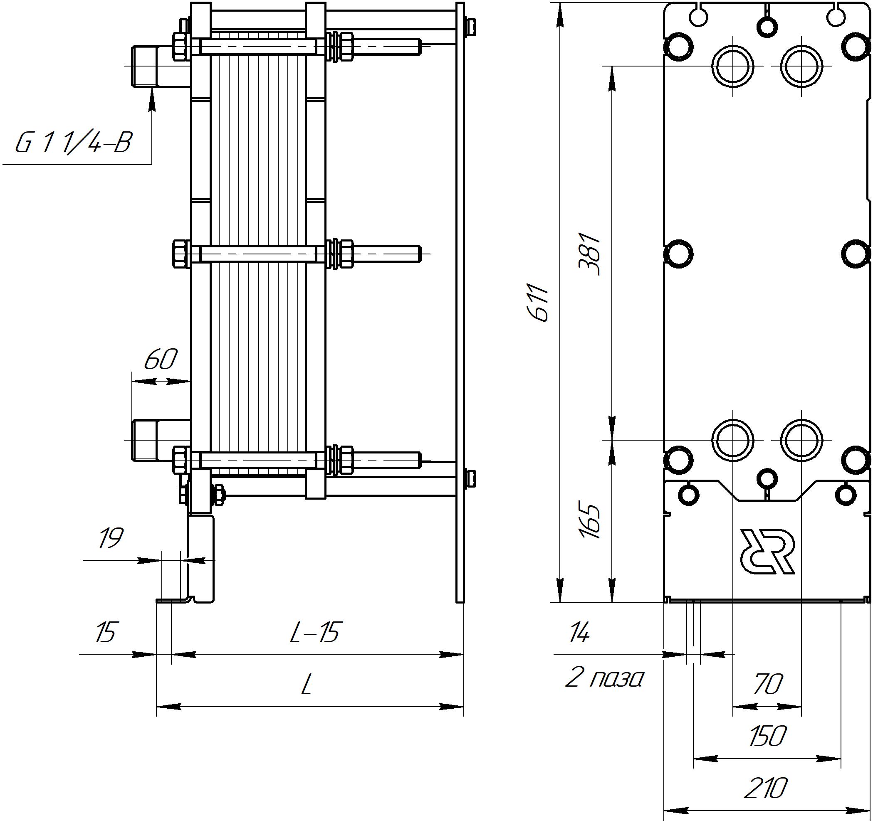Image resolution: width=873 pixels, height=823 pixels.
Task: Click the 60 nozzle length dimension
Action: pos(161,360)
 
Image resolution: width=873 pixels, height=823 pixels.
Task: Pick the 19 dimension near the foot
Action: pos(110,539)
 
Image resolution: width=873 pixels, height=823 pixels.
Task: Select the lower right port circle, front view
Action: pos(801,439)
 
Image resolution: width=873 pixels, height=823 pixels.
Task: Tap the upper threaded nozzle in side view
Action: pos(145,66)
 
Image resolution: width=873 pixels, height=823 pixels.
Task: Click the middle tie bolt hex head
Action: pos(181,254)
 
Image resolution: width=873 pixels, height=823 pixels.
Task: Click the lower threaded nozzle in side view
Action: pos(145,440)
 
